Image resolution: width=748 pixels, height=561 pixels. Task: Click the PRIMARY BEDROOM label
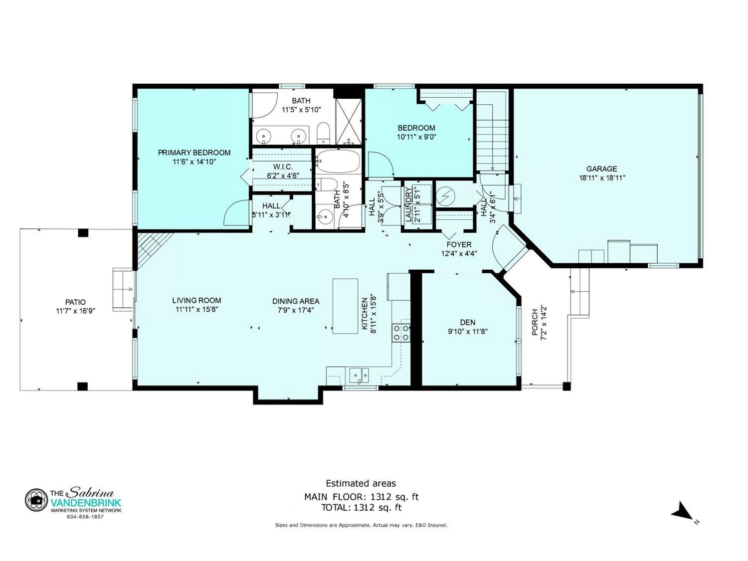pos(194,153)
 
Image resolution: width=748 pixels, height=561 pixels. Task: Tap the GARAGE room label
pos(601,169)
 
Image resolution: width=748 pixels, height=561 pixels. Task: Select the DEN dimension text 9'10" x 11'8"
pos(468,331)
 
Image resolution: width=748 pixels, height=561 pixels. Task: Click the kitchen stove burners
pos(401,333)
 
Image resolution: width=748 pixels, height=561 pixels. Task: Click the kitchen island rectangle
pos(345,306)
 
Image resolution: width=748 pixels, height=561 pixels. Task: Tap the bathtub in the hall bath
pos(338,162)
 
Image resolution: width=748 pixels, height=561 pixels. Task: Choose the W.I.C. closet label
pos(283,167)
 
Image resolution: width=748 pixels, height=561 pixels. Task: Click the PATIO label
pos(75,302)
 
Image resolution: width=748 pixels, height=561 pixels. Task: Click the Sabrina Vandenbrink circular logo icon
pos(36,500)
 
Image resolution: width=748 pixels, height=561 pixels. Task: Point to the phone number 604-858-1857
pos(86,517)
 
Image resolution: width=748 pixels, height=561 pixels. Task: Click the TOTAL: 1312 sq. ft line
pos(361,508)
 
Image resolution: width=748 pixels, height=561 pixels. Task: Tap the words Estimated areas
pos(361,483)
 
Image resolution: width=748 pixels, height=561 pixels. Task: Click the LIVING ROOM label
pos(196,300)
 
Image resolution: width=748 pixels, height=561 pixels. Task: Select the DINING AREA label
pos(296,302)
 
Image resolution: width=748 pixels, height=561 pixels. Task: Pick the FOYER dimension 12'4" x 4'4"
pos(459,253)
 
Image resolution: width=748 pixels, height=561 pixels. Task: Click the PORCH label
pos(535,322)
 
